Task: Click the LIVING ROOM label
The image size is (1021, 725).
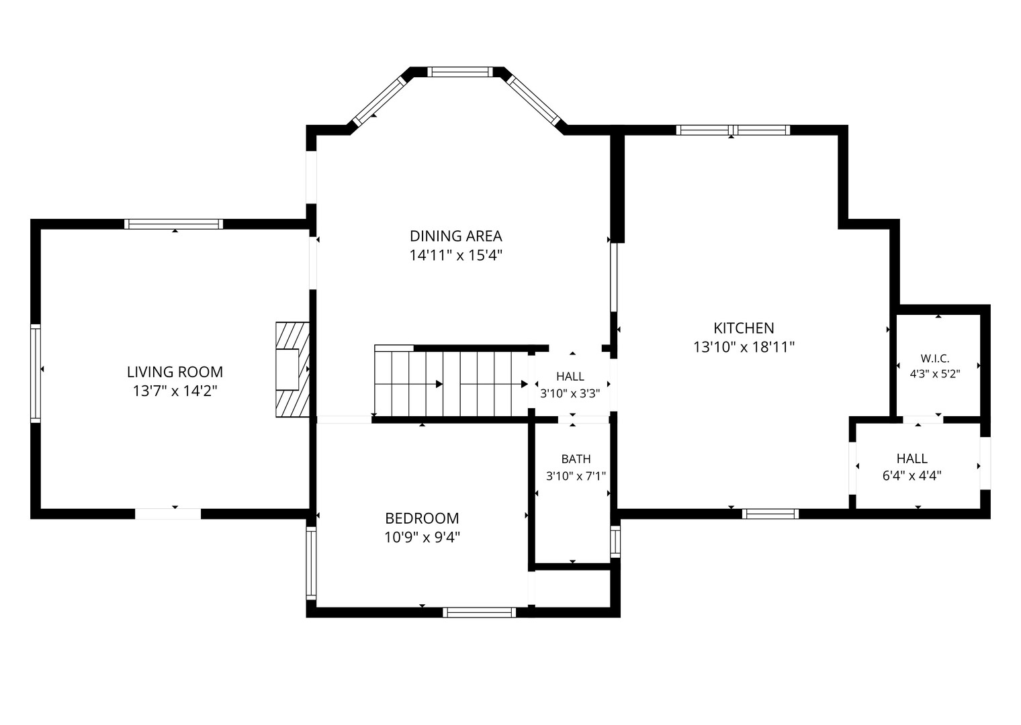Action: coord(175,372)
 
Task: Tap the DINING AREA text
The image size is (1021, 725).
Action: coord(456,236)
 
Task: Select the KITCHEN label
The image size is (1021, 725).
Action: coord(744,328)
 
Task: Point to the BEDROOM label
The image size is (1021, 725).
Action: coord(422,518)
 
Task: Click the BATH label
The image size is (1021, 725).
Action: coord(576,459)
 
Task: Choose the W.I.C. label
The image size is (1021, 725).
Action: coord(935,359)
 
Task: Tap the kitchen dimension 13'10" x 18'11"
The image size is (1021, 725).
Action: coord(744,348)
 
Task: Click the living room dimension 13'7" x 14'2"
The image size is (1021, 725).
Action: coord(175,391)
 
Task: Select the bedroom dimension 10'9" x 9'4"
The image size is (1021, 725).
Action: coord(422,538)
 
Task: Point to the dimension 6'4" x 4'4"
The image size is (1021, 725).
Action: coord(912,476)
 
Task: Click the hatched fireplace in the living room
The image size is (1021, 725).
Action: coord(293,370)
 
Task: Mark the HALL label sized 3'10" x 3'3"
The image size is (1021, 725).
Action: coord(570,377)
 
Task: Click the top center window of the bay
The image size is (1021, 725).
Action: coord(460,72)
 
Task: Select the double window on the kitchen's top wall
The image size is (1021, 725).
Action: coord(733,130)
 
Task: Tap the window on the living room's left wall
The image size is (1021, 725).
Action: coord(36,373)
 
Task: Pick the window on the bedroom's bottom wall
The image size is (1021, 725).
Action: coord(479,612)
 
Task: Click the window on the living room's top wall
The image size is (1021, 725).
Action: coord(174,224)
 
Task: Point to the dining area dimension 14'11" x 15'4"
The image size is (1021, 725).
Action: coord(456,256)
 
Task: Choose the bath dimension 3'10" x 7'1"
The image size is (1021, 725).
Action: coord(576,477)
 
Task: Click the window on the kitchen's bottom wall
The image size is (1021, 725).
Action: coord(770,514)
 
